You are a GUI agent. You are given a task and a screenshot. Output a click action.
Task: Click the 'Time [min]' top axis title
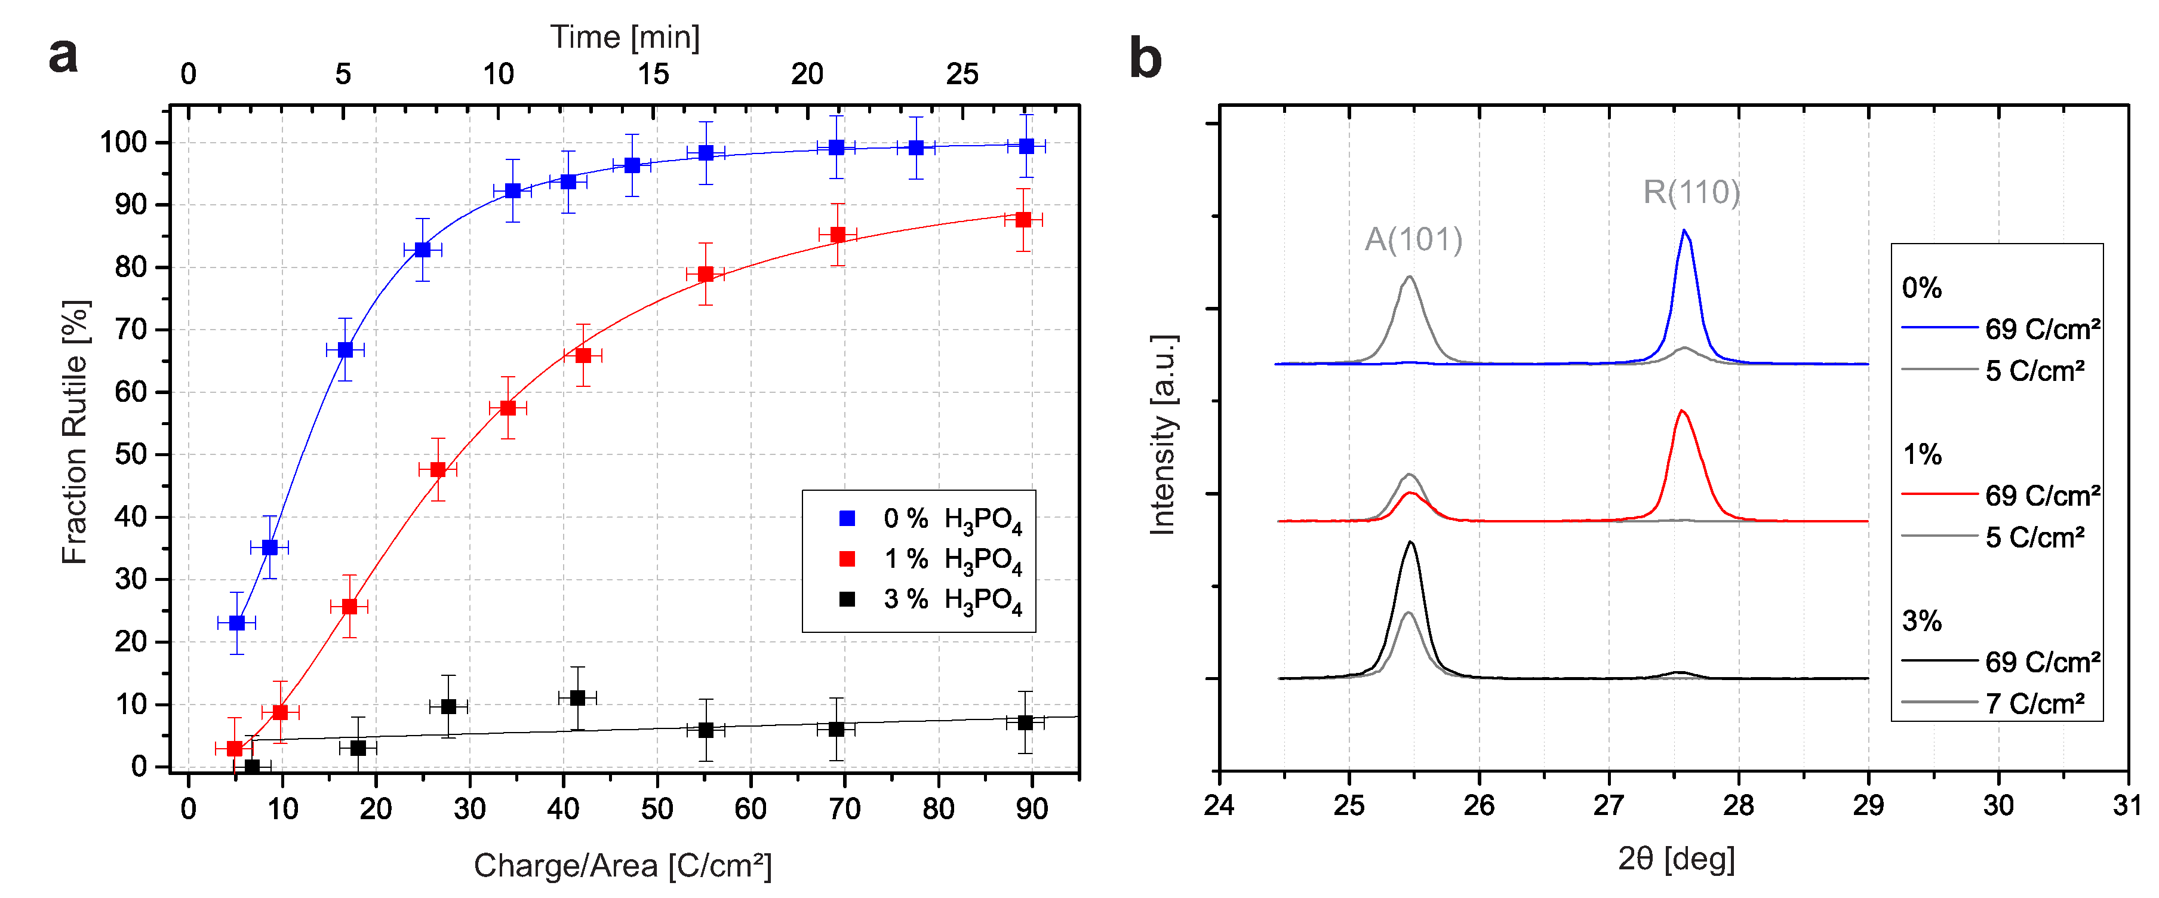tap(625, 37)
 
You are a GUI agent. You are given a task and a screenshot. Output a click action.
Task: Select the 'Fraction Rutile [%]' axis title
tap(75, 432)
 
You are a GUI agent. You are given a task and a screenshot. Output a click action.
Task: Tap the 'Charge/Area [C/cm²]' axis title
tap(622, 865)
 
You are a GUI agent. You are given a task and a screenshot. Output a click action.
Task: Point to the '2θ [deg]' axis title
tap(1675, 859)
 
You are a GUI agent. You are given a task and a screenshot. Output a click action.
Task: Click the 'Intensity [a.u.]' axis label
tap(1163, 434)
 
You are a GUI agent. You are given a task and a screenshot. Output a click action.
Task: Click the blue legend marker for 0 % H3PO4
tap(847, 518)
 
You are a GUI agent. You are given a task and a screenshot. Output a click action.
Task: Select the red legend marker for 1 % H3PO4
tap(847, 558)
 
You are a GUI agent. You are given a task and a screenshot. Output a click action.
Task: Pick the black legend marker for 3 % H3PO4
tap(847, 599)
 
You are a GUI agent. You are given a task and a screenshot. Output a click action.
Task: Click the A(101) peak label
tap(1413, 240)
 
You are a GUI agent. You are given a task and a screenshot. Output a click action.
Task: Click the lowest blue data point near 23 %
tap(237, 623)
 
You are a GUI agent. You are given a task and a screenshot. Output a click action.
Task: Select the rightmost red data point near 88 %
tap(1023, 220)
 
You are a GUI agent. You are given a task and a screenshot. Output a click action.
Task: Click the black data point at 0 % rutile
tap(251, 767)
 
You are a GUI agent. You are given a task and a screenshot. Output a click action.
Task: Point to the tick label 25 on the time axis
tap(961, 75)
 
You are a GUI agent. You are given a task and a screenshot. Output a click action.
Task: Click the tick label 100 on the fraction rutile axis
tap(123, 143)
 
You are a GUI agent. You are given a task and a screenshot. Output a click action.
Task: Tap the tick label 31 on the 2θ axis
tap(2127, 805)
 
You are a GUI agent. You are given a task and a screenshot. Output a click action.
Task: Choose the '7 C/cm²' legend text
tap(2034, 703)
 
